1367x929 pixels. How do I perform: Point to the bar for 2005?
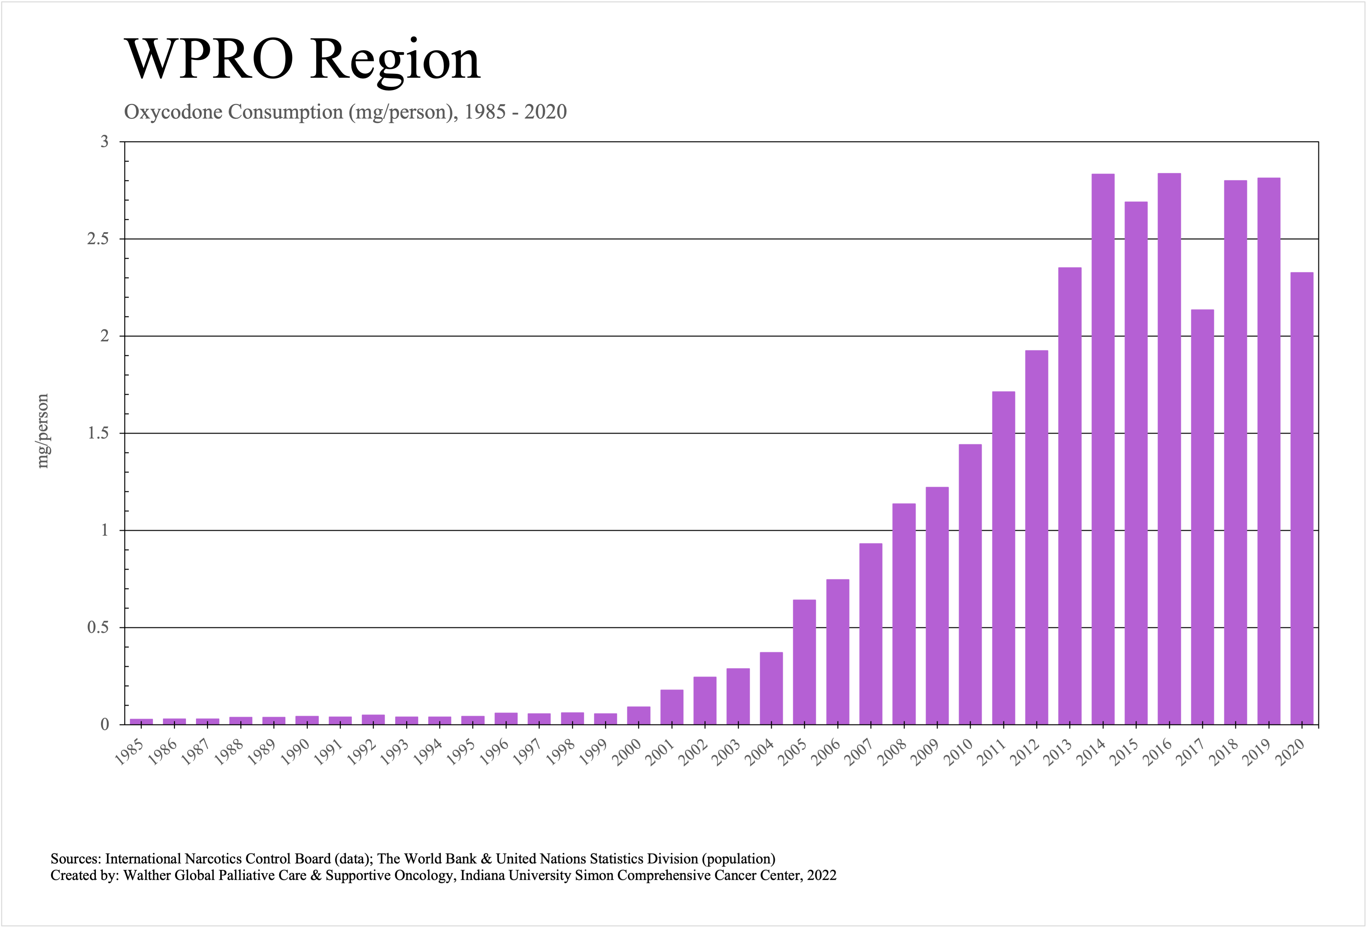pos(804,662)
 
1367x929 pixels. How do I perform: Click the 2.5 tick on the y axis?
pos(98,239)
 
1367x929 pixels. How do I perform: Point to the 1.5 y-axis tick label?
pos(98,433)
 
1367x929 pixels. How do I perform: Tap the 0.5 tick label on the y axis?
pos(98,627)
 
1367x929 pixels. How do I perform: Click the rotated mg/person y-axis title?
pos(42,431)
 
